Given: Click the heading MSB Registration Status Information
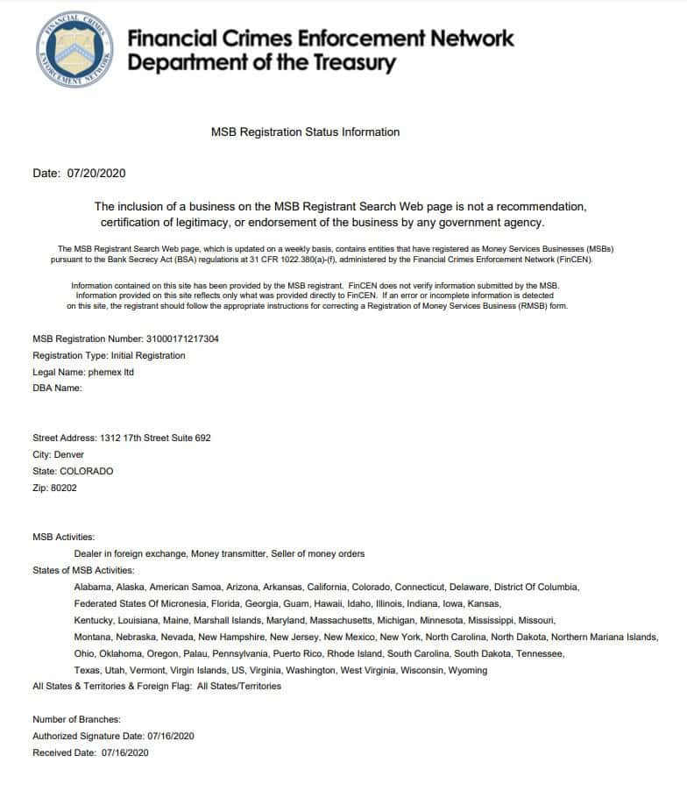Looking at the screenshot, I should pyautogui.click(x=305, y=132).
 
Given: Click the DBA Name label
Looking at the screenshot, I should pyautogui.click(x=57, y=388).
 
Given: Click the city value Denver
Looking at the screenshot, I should pyautogui.click(x=69, y=454).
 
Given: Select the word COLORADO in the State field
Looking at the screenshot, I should pyautogui.click(x=86, y=471).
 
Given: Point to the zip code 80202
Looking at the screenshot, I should pyautogui.click(x=64, y=488).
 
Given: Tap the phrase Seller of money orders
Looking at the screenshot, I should pyautogui.click(x=317, y=553).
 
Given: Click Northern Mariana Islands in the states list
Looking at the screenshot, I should pyautogui.click(x=605, y=637).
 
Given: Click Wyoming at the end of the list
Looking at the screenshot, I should pyautogui.click(x=468, y=670).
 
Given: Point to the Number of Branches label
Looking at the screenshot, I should pyautogui.click(x=76, y=719).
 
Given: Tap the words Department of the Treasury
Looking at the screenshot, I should pyautogui.click(x=261, y=63).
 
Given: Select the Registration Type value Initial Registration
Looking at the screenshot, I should pyautogui.click(x=148, y=355).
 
